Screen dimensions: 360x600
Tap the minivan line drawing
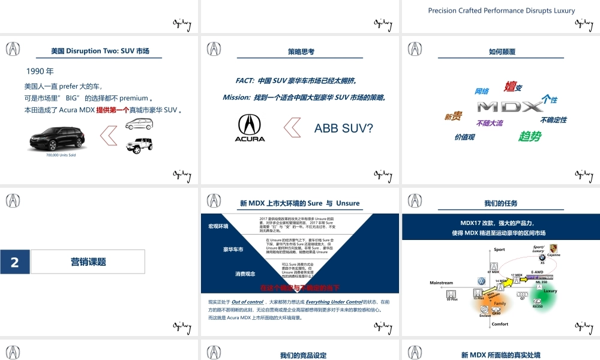[x=139, y=124]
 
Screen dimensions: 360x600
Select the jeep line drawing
[x=139, y=145]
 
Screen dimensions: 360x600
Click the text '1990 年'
[x=40, y=71]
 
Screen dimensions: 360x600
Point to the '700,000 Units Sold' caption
[x=61, y=155]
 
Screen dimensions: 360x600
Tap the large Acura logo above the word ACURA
[x=250, y=124]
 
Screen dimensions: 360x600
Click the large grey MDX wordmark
[x=510, y=107]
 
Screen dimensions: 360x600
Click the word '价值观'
[x=464, y=137]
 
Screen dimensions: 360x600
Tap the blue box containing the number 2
[x=15, y=262]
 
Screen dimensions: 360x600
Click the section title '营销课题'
[x=88, y=262]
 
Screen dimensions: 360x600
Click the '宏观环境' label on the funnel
[x=218, y=226]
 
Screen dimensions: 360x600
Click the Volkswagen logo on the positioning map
[x=481, y=281]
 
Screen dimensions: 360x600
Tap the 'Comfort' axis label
[x=500, y=324]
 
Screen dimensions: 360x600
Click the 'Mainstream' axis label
[x=442, y=283]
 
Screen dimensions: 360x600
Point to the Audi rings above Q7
[x=523, y=293]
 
